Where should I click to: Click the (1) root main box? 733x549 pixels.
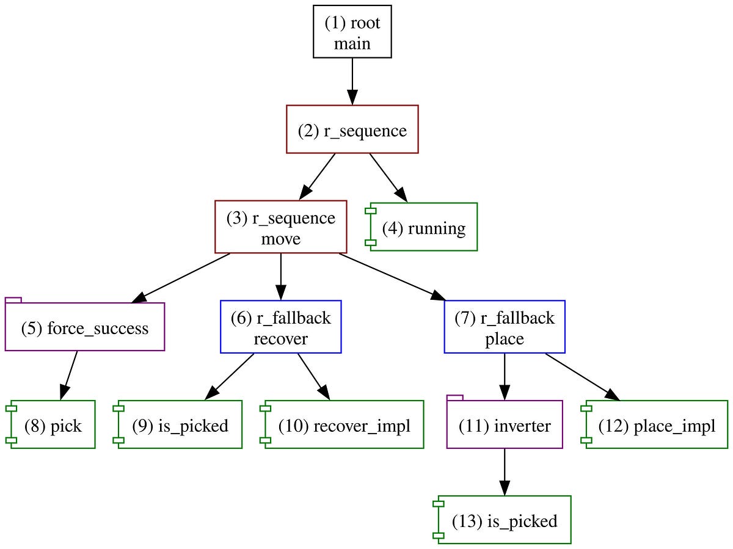tap(352, 32)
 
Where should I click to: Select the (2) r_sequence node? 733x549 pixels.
tap(352, 129)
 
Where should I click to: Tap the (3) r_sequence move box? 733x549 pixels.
tap(281, 227)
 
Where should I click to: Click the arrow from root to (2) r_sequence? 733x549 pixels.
tap(352, 81)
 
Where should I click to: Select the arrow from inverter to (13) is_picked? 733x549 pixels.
tap(505, 471)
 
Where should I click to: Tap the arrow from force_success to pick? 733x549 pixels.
tap(69, 375)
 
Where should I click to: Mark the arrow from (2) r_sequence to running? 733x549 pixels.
tap(387, 177)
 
